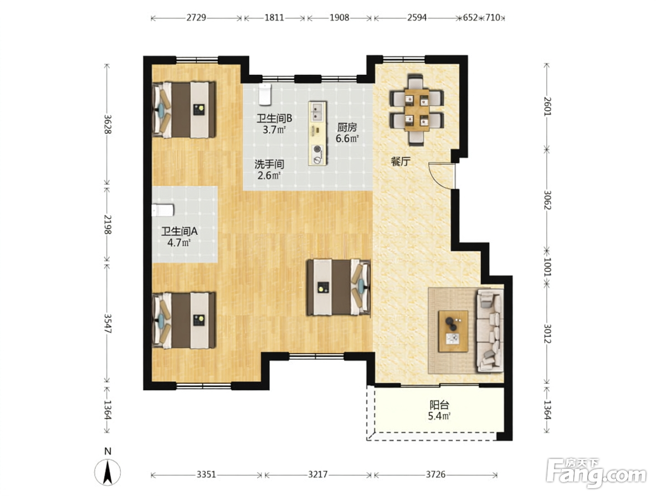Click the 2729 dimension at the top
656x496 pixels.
coord(196,18)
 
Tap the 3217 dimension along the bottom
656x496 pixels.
coord(318,475)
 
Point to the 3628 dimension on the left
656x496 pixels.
coord(107,124)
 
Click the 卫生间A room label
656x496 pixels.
coord(180,231)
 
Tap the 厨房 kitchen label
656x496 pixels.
coord(347,127)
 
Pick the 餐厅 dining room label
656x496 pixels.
coord(401,162)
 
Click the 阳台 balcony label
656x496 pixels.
coord(439,405)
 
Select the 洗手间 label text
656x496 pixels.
coord(269,164)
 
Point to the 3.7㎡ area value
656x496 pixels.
coord(274,130)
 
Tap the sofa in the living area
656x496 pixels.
coord(489,330)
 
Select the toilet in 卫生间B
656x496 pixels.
coord(265,95)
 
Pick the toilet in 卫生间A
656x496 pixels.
coord(163,210)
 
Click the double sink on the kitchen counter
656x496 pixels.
coord(317,112)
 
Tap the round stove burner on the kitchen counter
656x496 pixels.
coord(317,149)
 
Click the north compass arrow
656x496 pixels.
coord(108,472)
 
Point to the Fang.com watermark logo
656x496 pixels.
coord(597,473)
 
